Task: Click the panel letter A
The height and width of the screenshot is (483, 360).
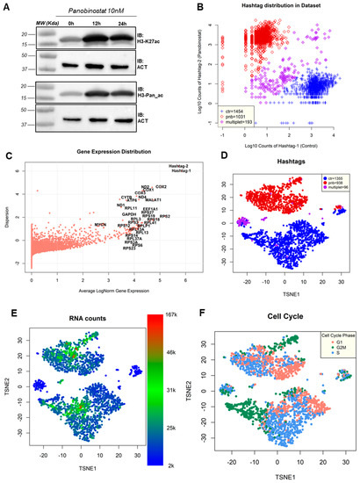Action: click(8, 5)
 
